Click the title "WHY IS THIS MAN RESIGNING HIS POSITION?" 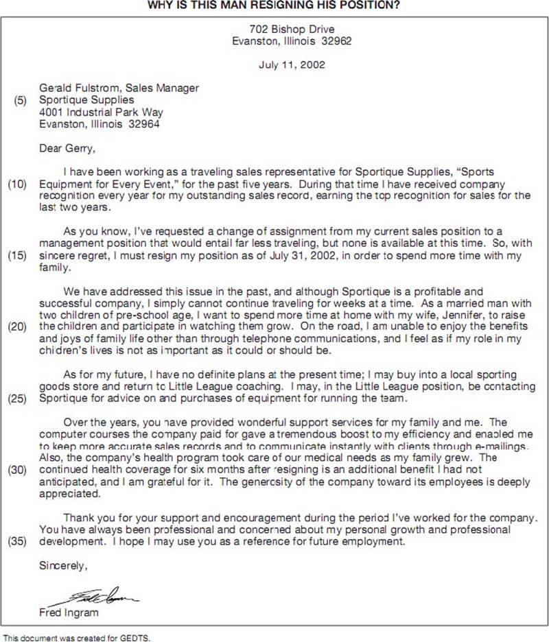[274, 5]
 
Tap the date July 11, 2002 [292, 66]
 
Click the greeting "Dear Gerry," [67, 147]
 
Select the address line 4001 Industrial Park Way [101, 112]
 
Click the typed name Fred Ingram [69, 613]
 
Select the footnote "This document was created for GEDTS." [76, 637]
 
